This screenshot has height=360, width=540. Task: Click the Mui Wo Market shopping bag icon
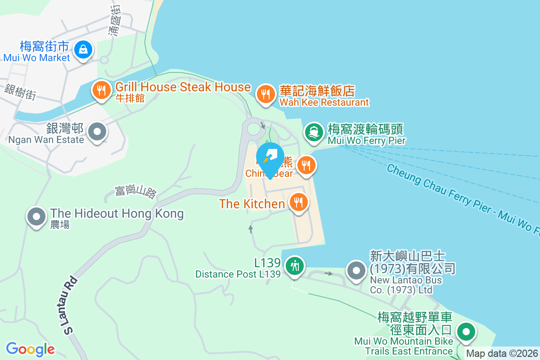click(x=83, y=49)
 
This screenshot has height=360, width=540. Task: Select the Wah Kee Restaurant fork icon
click(x=265, y=94)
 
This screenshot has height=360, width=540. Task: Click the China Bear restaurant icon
click(x=306, y=165)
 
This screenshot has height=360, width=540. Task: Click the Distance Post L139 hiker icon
click(x=294, y=265)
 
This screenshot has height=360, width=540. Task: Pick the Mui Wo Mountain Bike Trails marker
click(x=466, y=333)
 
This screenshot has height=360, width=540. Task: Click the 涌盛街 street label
click(x=116, y=20)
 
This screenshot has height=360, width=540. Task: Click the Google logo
click(x=30, y=349)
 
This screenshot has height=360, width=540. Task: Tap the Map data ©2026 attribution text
click(x=501, y=354)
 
